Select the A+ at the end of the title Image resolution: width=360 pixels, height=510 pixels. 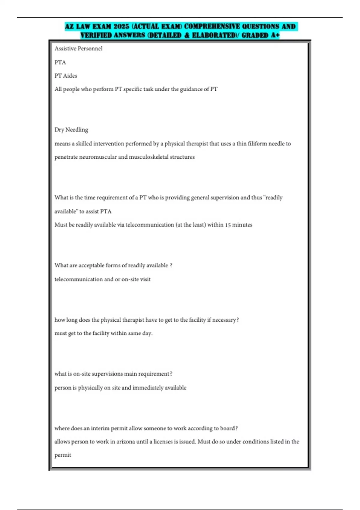(x=275, y=35)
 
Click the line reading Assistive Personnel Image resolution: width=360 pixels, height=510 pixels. (x=78, y=49)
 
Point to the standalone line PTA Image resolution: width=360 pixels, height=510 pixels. (x=60, y=62)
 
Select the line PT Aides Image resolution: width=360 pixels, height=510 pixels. (x=66, y=76)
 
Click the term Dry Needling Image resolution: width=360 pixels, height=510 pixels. (x=71, y=130)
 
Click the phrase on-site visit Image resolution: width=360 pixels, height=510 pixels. (x=136, y=279)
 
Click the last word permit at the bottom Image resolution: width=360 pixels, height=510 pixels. (x=63, y=455)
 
